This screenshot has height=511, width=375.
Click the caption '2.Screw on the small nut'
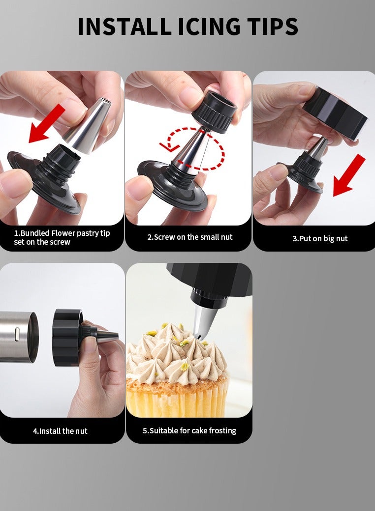(190, 237)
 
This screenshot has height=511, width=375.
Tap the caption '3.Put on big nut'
(320, 238)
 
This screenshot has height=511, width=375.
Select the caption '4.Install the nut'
(60, 431)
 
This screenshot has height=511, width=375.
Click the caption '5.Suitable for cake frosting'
(189, 430)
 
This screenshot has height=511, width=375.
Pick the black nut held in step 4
(67, 338)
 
